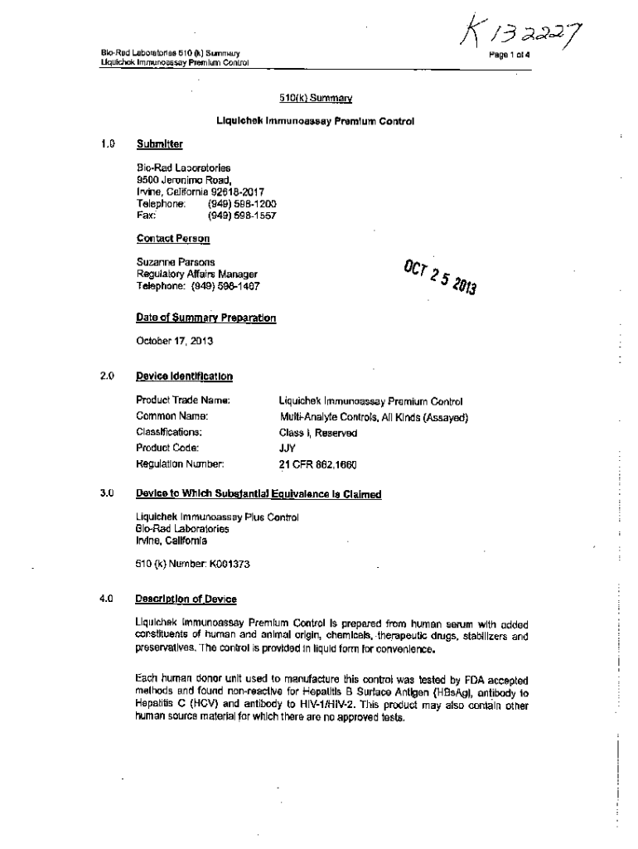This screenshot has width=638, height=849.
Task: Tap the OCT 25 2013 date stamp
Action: click(440, 278)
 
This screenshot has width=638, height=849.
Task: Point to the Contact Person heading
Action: click(172, 239)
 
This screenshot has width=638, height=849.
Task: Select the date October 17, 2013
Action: click(172, 341)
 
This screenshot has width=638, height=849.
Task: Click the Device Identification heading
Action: click(184, 376)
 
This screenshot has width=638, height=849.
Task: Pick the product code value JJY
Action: click(288, 448)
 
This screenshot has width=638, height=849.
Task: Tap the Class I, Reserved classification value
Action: click(318, 432)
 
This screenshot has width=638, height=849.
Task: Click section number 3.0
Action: click(105, 494)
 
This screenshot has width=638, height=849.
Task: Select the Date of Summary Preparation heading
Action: click(205, 318)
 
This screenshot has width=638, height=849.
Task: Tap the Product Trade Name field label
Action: click(182, 400)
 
